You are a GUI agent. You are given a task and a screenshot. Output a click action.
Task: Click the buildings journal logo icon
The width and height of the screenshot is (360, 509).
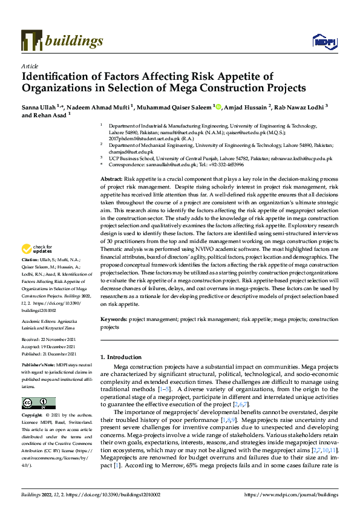[31, 41]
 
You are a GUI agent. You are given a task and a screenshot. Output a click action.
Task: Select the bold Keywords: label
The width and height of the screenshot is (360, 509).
[113, 319]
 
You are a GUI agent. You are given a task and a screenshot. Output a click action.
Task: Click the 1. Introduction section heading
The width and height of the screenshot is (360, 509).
[123, 358]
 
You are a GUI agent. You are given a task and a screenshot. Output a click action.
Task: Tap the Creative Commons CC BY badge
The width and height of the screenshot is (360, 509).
[38, 403]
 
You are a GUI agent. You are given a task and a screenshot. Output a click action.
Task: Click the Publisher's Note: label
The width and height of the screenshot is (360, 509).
[39, 366]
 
